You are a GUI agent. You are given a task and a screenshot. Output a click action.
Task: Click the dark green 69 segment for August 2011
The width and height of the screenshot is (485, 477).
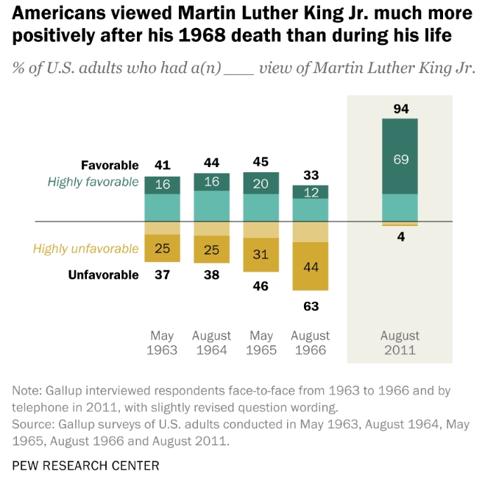click(x=400, y=159)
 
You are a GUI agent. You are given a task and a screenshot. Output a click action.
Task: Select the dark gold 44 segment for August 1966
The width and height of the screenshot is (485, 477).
click(x=311, y=266)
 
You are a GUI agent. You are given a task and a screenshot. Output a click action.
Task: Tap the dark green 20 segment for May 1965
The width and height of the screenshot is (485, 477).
click(x=261, y=183)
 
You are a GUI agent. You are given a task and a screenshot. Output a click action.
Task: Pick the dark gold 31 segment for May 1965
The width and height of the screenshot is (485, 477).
click(x=261, y=255)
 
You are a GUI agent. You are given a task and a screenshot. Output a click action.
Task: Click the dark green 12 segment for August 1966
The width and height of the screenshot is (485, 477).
click(x=311, y=192)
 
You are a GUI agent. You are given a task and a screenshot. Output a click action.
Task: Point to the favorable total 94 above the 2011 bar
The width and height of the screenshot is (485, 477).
click(x=400, y=109)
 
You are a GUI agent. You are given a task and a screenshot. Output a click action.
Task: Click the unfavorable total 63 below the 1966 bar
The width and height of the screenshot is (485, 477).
click(x=311, y=305)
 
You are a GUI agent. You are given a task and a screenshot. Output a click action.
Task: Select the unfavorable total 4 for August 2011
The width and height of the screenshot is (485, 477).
click(x=400, y=237)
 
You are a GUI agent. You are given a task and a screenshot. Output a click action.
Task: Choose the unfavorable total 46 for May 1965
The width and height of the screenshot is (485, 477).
click(x=261, y=286)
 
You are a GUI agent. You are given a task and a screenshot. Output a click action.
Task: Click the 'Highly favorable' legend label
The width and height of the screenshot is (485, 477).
click(x=93, y=182)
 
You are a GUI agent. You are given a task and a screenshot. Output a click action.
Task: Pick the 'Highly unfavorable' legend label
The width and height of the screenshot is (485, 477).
click(x=85, y=249)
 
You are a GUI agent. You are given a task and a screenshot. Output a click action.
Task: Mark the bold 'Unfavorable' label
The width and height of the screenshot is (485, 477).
click(x=103, y=275)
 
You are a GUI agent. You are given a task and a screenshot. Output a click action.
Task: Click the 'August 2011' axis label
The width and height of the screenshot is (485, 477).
click(x=400, y=342)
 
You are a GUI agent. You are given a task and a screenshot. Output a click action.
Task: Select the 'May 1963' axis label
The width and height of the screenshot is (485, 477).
click(x=162, y=342)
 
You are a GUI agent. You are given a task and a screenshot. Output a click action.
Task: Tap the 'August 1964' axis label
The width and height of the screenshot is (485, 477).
click(x=211, y=342)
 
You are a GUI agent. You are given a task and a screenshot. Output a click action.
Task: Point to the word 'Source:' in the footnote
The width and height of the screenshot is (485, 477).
click(x=33, y=425)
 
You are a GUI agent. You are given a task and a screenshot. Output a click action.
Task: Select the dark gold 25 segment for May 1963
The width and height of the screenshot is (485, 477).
click(x=162, y=249)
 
